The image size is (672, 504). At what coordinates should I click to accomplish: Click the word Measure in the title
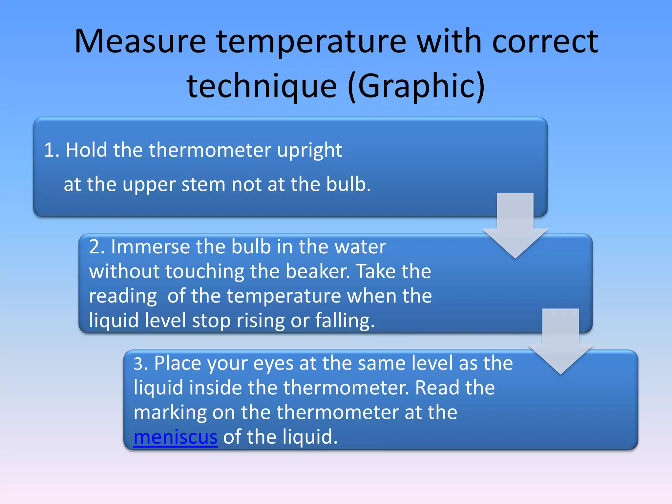pyautogui.click(x=140, y=42)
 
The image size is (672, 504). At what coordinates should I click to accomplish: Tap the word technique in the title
pyautogui.click(x=262, y=86)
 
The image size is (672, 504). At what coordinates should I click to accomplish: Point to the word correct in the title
pyautogui.click(x=545, y=42)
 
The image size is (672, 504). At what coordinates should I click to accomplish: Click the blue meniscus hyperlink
pyautogui.click(x=176, y=437)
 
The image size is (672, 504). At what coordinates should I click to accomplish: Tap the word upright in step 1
pyautogui.click(x=309, y=151)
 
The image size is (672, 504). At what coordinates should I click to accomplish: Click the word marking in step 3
pyautogui.click(x=170, y=412)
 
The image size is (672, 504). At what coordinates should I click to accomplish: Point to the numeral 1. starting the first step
pyautogui.click(x=52, y=150)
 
